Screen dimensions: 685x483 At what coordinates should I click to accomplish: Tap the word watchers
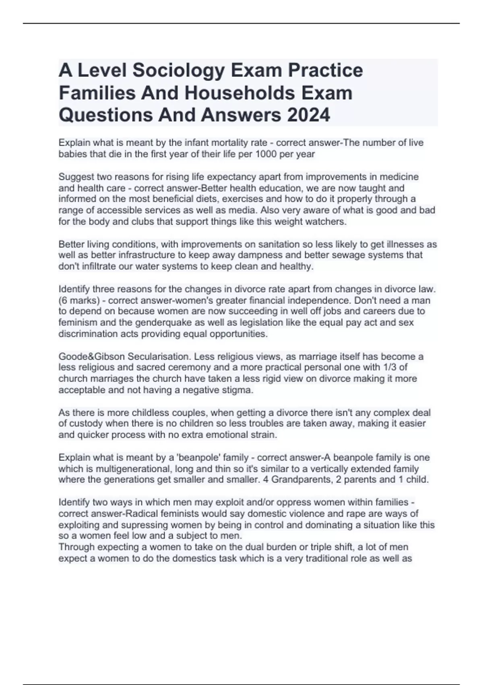(328, 222)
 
